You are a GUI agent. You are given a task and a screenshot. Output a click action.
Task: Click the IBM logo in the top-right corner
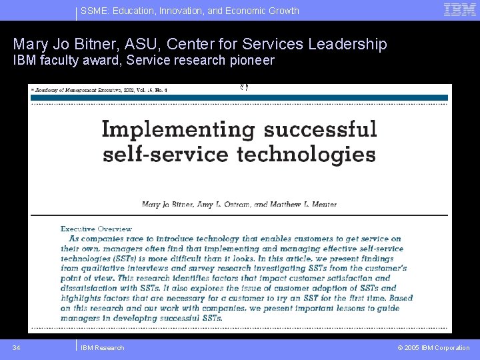(460, 10)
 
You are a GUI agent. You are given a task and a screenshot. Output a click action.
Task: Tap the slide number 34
(17, 347)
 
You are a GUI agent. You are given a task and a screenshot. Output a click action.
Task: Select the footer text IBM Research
(102, 347)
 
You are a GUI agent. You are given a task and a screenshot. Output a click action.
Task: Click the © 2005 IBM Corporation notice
(433, 347)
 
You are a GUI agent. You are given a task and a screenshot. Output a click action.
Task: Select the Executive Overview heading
(96, 229)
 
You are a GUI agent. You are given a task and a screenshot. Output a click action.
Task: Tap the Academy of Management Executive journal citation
(100, 89)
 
